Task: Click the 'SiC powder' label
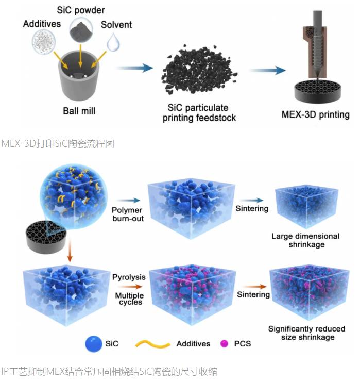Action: [81, 10]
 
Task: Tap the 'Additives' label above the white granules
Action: [42, 24]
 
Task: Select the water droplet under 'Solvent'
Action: [113, 42]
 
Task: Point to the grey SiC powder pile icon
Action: [81, 29]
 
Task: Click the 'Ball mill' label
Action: [79, 111]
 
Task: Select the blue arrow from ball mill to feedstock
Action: [134, 68]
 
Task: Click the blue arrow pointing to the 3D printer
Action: [267, 70]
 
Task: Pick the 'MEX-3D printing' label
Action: [316, 114]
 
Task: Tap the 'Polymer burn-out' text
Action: [128, 214]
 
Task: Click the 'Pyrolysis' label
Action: [129, 277]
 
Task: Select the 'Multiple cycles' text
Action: [130, 299]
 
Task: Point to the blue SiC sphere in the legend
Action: [94, 344]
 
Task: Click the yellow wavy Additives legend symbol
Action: [152, 344]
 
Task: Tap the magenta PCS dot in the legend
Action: [224, 343]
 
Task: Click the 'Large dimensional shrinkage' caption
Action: [305, 240]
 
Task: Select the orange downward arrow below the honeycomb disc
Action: [70, 250]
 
